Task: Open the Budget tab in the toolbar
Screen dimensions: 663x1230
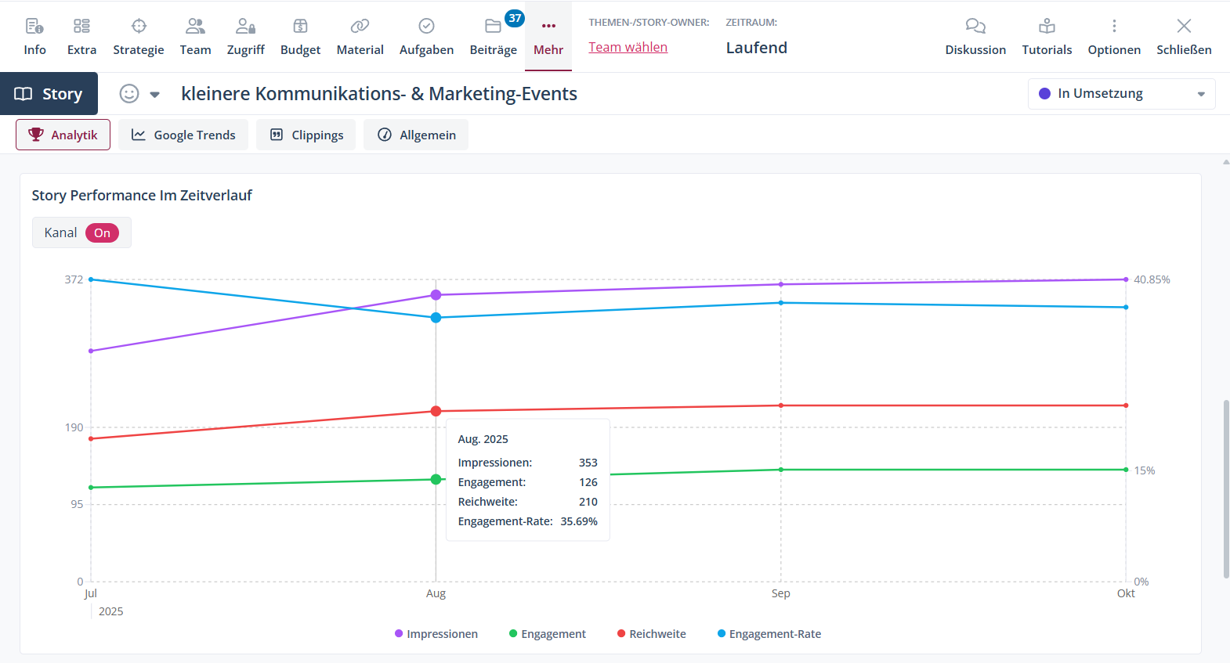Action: click(300, 37)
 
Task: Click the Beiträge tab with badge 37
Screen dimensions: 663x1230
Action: click(493, 37)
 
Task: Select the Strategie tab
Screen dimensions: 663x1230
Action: click(139, 37)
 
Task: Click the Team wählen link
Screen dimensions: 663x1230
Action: click(628, 47)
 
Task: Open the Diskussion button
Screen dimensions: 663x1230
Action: click(975, 37)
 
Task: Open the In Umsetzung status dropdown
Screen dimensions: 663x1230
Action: click(1121, 94)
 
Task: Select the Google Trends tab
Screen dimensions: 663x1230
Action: click(183, 135)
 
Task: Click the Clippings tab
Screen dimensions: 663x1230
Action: click(306, 135)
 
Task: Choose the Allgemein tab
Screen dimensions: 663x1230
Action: click(416, 135)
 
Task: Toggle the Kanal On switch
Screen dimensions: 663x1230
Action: click(102, 233)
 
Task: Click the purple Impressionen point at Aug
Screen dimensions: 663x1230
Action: click(436, 295)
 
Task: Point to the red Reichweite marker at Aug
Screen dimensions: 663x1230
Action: click(436, 411)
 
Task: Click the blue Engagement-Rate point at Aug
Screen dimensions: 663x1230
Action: click(436, 318)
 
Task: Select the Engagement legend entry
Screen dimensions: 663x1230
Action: click(548, 634)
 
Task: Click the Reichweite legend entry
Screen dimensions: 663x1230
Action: click(652, 634)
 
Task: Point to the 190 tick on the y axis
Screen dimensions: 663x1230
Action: click(74, 427)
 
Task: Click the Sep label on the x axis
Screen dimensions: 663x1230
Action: click(780, 593)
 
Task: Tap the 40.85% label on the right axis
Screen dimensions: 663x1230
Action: click(1152, 279)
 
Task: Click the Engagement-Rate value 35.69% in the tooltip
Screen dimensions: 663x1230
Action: click(579, 521)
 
